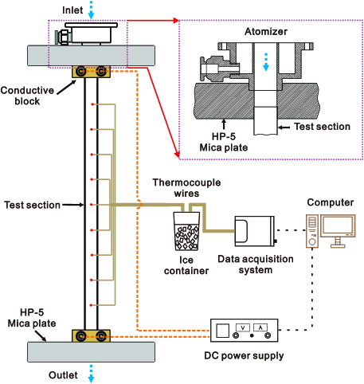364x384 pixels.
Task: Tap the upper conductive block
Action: click(92, 72)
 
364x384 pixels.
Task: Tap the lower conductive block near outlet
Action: click(92, 335)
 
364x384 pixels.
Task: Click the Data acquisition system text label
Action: click(255, 265)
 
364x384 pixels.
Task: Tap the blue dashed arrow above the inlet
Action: click(92, 10)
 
